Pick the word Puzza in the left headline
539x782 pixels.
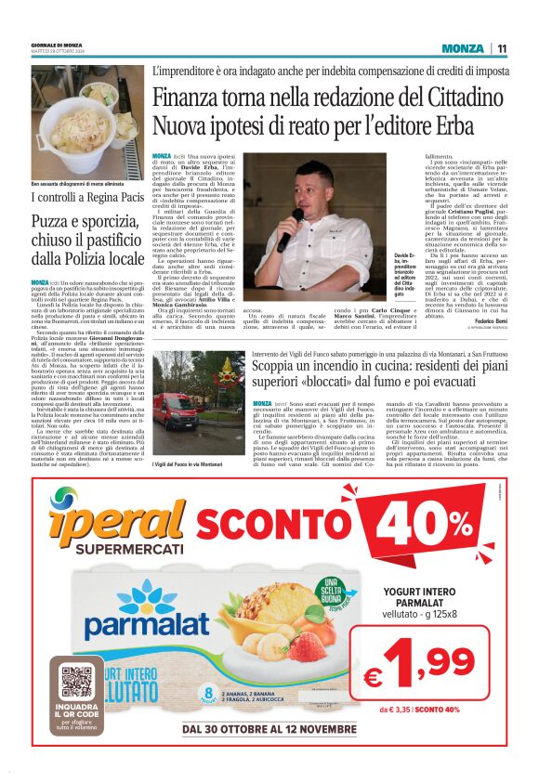(55, 221)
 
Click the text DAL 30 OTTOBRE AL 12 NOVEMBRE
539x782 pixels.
(269, 728)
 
